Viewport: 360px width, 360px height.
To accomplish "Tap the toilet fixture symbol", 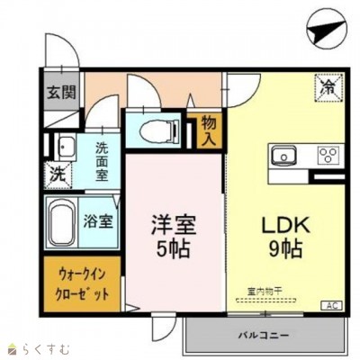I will point(157,128).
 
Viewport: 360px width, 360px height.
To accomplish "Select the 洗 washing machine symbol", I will point(55,172).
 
